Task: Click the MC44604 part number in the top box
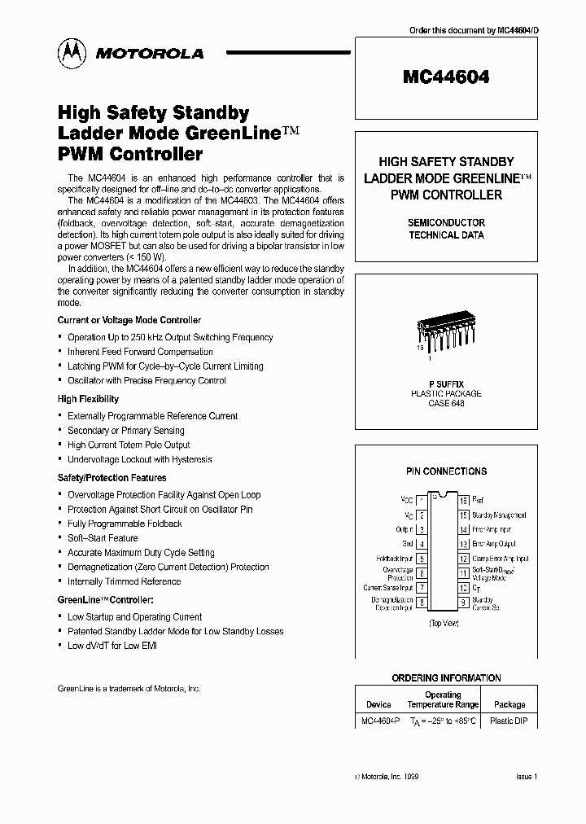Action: click(446, 78)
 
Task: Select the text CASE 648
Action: click(446, 404)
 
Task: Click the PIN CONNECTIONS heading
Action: click(446, 471)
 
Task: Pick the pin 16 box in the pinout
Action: click(463, 501)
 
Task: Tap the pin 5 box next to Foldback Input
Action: click(422, 559)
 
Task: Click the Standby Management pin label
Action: click(499, 515)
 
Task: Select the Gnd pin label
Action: click(408, 544)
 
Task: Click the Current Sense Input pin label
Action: click(388, 587)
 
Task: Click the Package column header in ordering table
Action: click(509, 704)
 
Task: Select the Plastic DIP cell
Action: click(509, 721)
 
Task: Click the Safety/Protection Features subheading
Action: click(112, 478)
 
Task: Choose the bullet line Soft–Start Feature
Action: click(103, 538)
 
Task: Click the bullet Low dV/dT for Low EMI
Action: click(112, 646)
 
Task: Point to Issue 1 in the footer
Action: click(527, 778)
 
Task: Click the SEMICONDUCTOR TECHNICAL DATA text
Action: click(446, 229)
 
